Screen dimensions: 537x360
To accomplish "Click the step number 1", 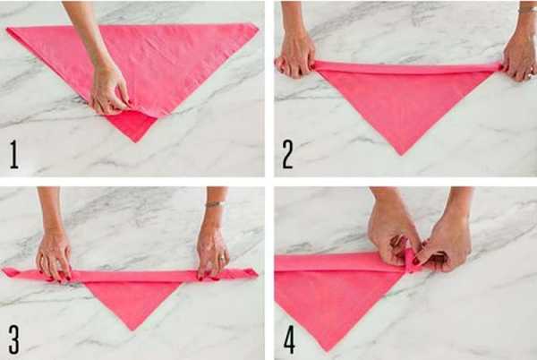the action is (x=14, y=155).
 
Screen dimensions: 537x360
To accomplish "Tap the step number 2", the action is (x=287, y=155).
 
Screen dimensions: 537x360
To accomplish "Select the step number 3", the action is (x=14, y=339).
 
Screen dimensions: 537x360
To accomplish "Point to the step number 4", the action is (x=289, y=339).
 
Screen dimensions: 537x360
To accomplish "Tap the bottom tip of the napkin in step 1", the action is (x=136, y=141).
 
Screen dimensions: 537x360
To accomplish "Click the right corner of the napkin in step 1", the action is (x=258, y=29).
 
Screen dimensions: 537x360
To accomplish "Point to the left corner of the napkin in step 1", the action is (x=7, y=30).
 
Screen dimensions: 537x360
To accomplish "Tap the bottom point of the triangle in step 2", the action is (x=402, y=155).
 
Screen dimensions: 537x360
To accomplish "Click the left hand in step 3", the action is (x=54, y=257).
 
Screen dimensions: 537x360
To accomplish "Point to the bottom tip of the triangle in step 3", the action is (x=132, y=330).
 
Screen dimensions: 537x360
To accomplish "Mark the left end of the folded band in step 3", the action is (x=4, y=270).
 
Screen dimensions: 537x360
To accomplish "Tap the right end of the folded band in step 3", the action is (x=257, y=274).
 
